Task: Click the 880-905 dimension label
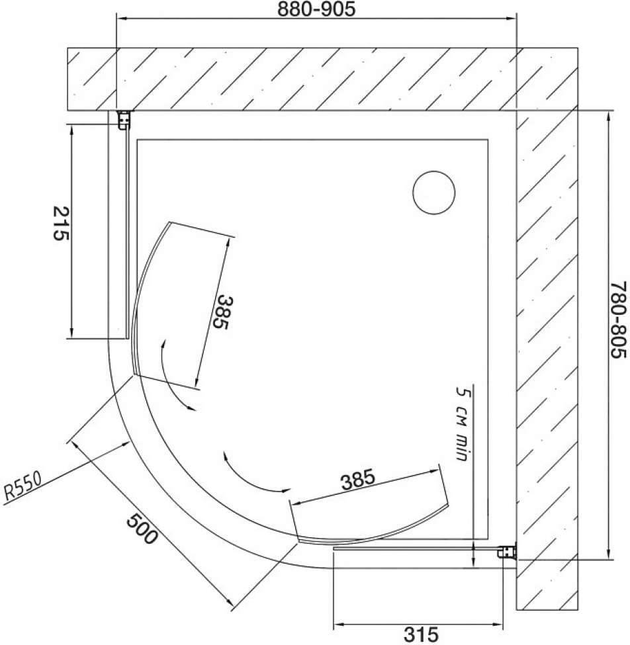point(316,9)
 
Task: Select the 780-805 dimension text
point(618,320)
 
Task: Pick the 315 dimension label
point(421,634)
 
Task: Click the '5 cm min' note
point(463,423)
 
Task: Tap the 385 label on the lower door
point(358,480)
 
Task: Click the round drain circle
point(433,193)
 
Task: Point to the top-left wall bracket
point(124,120)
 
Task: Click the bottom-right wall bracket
point(507,552)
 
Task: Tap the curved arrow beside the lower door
point(247,479)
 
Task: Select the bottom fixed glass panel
point(416,548)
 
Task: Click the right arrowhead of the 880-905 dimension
point(511,18)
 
